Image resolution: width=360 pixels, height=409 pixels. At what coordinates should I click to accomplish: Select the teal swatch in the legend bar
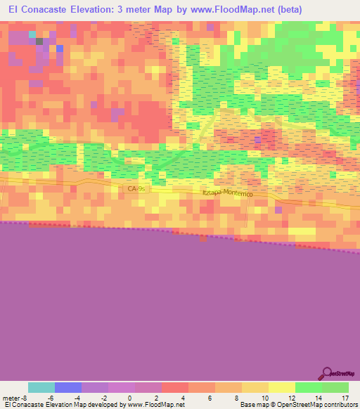pyautogui.click(x=41, y=387)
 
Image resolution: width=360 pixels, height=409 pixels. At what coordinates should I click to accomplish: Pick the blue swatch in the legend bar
pyautogui.click(x=68, y=387)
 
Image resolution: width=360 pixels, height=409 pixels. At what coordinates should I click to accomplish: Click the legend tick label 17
pyautogui.click(x=344, y=397)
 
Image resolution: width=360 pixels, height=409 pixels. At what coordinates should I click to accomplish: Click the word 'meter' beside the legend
pyautogui.click(x=12, y=397)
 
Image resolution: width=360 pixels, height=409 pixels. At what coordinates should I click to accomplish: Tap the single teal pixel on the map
pyautogui.click(x=32, y=34)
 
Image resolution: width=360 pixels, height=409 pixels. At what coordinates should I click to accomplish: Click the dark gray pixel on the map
pyautogui.click(x=39, y=41)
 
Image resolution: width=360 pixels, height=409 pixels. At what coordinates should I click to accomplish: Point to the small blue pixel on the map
pyautogui.click(x=60, y=48)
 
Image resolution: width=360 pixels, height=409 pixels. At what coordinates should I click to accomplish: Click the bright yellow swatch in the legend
pyautogui.click(x=281, y=387)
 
